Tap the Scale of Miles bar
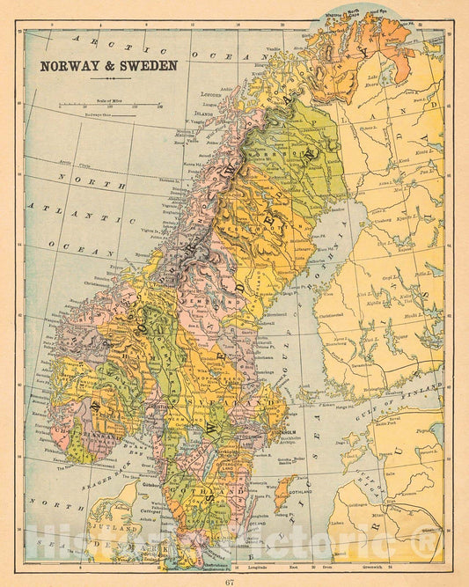[x=111, y=105]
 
